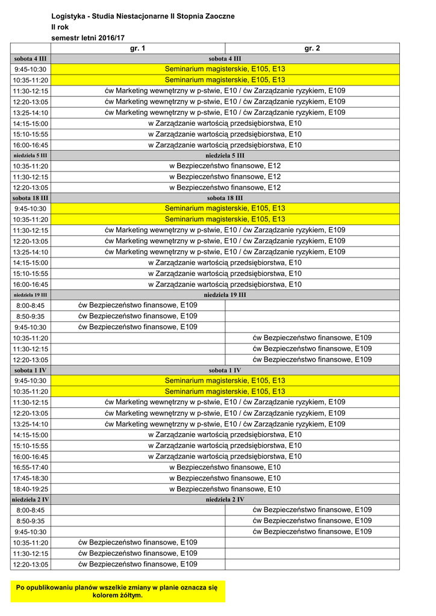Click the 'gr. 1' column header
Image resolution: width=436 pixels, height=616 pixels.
pyautogui.click(x=138, y=48)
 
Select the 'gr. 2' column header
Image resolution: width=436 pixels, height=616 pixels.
pyautogui.click(x=312, y=48)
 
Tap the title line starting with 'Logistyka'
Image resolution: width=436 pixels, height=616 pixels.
pyautogui.click(x=143, y=16)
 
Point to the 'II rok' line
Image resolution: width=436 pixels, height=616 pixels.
pyautogui.click(x=60, y=27)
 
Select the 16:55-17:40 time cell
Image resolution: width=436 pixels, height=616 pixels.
pyautogui.click(x=31, y=467)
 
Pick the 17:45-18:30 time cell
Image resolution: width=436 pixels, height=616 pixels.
pyautogui.click(x=31, y=478)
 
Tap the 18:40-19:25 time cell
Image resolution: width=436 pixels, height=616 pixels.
pyautogui.click(x=31, y=489)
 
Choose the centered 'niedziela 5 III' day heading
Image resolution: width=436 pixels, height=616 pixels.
pyautogui.click(x=225, y=155)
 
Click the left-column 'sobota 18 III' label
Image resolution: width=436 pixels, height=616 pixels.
pyautogui.click(x=31, y=198)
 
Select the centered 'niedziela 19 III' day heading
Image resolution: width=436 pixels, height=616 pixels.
pyautogui.click(x=225, y=295)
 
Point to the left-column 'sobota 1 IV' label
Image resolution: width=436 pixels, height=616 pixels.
pyautogui.click(x=31, y=370)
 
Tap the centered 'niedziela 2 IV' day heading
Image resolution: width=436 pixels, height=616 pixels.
pyautogui.click(x=225, y=499)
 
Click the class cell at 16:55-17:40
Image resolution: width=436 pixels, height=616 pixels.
pyautogui.click(x=225, y=467)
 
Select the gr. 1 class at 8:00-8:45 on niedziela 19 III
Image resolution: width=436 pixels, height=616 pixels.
pyautogui.click(x=138, y=305)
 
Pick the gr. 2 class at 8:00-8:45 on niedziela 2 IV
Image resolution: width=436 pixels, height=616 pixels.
pyautogui.click(x=312, y=510)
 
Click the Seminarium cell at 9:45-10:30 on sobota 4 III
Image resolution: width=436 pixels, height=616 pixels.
pyautogui.click(x=225, y=69)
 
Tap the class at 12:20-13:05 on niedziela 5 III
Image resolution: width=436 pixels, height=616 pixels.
pyautogui.click(x=225, y=188)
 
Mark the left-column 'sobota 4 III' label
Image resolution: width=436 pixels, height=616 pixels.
pyautogui.click(x=31, y=59)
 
